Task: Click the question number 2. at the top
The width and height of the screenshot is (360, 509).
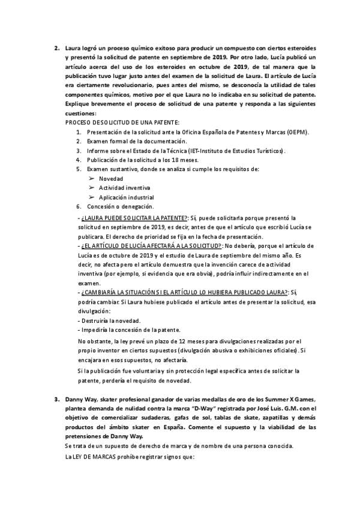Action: [56, 47]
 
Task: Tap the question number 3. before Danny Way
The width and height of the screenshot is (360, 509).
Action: [56, 399]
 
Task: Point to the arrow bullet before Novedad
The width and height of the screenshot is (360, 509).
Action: [91, 178]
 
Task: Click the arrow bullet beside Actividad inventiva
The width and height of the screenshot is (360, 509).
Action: [91, 188]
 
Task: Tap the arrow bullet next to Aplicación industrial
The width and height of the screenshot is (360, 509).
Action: [91, 197]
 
